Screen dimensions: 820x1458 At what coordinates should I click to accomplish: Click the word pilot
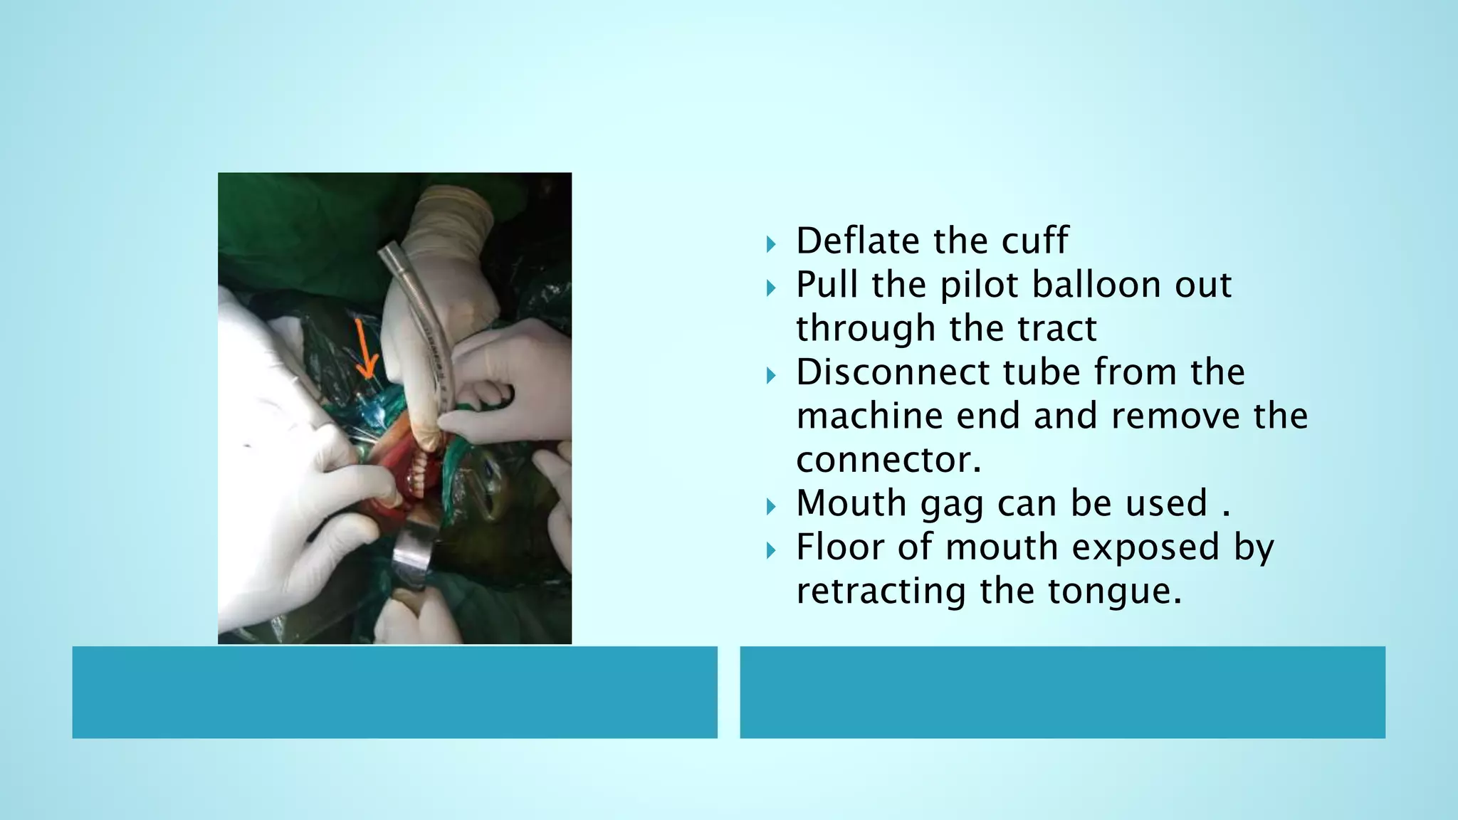pos(980,285)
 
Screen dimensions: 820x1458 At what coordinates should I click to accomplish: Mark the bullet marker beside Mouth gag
pos(771,508)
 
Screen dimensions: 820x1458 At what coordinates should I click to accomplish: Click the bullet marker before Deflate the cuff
pos(771,245)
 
